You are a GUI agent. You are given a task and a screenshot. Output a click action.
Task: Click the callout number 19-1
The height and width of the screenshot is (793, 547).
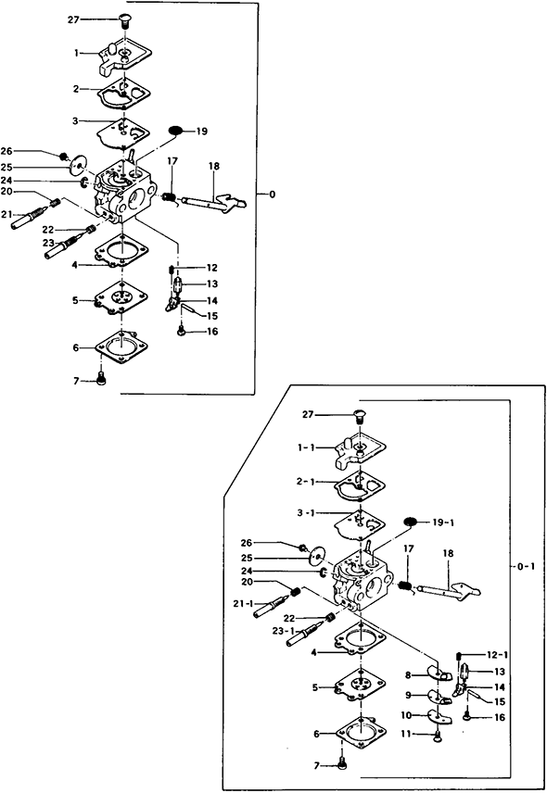point(443,522)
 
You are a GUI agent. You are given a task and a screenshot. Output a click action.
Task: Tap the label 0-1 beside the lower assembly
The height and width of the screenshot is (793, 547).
point(526,566)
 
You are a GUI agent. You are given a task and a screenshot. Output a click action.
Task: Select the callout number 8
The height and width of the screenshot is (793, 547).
point(408,674)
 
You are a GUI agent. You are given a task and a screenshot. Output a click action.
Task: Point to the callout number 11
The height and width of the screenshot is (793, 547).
point(406,734)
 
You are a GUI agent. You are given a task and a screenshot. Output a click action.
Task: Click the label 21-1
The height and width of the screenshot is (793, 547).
point(244,603)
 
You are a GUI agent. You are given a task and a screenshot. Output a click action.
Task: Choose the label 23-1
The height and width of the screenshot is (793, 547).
point(284,631)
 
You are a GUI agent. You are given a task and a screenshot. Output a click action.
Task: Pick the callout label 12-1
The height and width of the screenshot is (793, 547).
point(497,654)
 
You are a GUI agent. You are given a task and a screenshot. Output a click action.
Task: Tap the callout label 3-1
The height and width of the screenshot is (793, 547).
point(306,513)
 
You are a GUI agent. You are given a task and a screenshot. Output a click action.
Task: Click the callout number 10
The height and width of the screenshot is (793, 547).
point(406,715)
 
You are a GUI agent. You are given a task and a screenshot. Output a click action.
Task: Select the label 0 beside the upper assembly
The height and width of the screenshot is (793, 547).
point(273,195)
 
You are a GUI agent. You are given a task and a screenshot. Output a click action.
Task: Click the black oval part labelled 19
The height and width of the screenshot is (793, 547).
point(175,131)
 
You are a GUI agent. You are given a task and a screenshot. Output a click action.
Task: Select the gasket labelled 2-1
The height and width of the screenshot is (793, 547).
point(360,486)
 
